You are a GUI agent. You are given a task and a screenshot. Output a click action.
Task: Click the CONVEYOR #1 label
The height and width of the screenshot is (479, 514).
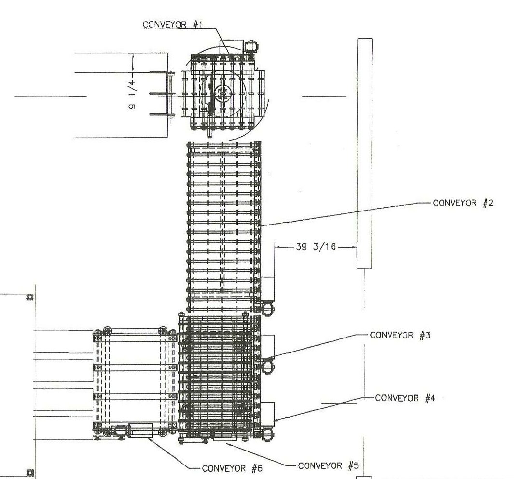click(x=172, y=25)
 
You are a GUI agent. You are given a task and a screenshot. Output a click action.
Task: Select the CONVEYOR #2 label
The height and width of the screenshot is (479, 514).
click(x=463, y=203)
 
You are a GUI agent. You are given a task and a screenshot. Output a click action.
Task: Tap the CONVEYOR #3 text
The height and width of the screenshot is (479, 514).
click(x=400, y=335)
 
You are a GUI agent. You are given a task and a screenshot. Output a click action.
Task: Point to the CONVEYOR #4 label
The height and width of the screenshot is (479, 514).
click(x=405, y=398)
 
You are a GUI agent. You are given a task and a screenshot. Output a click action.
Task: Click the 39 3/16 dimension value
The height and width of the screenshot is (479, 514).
click(x=316, y=247)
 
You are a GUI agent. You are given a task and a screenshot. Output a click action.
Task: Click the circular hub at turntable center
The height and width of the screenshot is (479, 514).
click(x=223, y=93)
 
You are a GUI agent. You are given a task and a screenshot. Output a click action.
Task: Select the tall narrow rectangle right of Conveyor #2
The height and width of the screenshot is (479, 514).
click(x=364, y=153)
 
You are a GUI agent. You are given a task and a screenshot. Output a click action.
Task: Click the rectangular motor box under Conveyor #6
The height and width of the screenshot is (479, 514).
click(x=140, y=431)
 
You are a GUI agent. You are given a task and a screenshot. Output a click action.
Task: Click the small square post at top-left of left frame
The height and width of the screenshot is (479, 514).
click(x=30, y=297)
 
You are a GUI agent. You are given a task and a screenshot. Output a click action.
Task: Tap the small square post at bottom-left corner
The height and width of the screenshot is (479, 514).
click(x=30, y=473)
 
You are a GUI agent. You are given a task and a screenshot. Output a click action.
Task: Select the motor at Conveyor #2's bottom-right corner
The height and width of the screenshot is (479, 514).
click(x=267, y=309)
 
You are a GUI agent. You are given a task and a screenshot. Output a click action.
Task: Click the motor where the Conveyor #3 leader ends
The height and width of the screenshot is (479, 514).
click(x=268, y=366)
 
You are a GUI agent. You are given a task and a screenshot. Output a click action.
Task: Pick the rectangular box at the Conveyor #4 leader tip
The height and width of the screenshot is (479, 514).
click(x=268, y=411)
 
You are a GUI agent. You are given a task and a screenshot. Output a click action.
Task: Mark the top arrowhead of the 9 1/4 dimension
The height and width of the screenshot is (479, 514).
click(x=133, y=56)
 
